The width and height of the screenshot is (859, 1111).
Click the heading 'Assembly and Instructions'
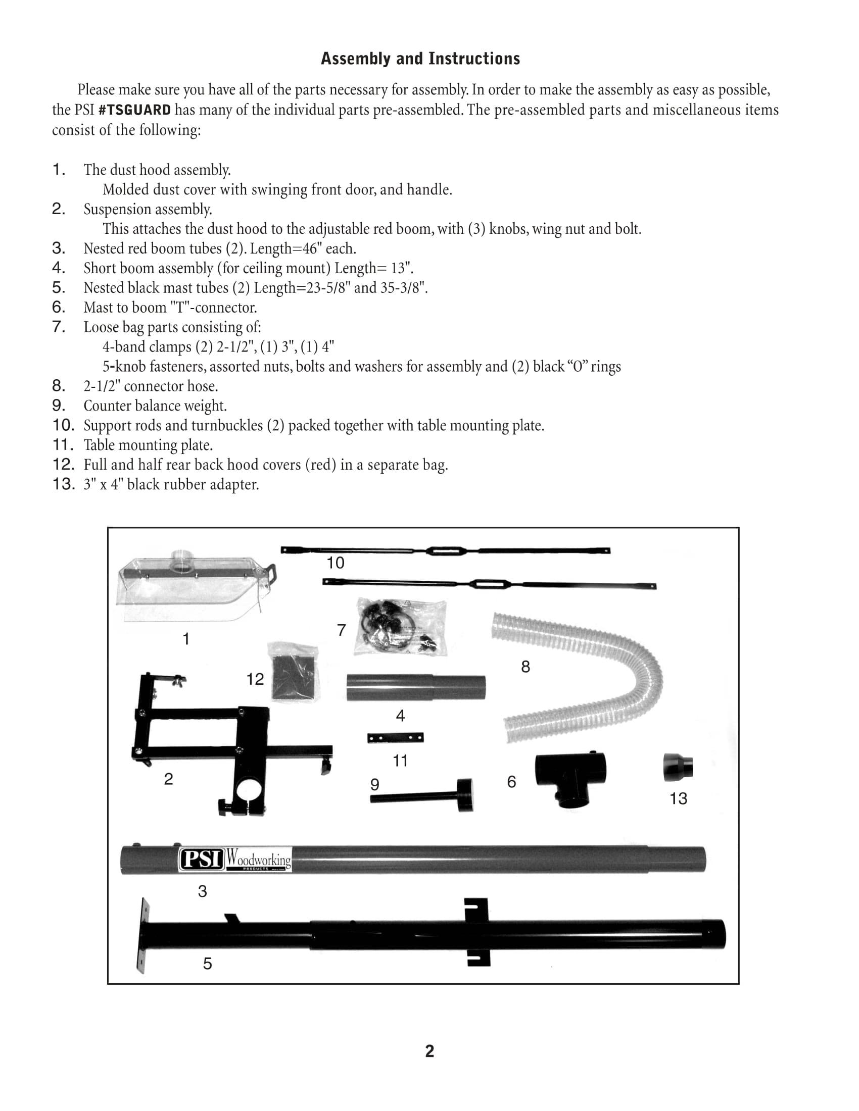(420, 59)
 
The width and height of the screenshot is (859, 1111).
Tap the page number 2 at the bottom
(429, 1051)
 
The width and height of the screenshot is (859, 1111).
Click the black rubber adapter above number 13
(678, 768)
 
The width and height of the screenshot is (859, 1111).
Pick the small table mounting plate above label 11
(396, 737)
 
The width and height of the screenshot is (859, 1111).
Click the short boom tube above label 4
(416, 688)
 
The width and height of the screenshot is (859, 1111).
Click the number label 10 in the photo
(336, 563)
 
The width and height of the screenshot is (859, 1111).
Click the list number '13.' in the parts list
(64, 484)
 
